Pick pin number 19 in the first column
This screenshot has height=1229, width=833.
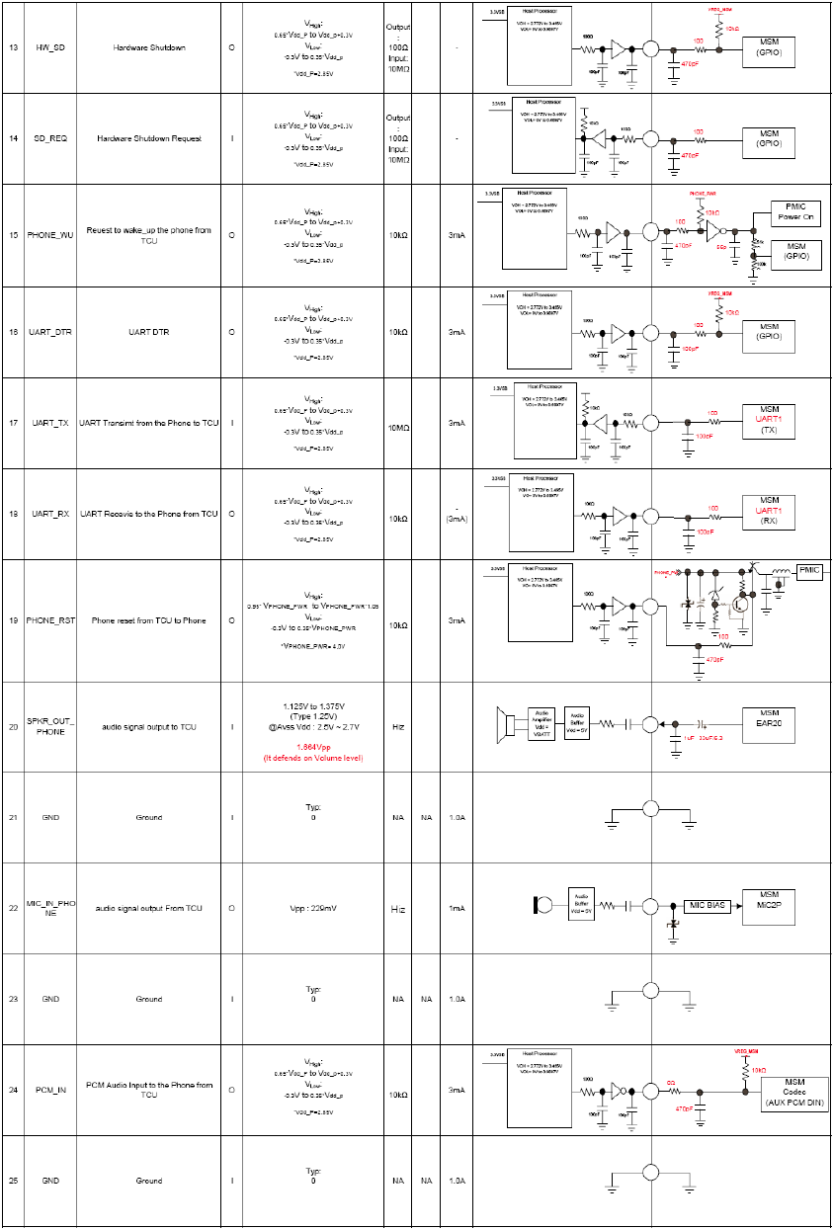pyautogui.click(x=14, y=620)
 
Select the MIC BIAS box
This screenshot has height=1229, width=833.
pyautogui.click(x=707, y=905)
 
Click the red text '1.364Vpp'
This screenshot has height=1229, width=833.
pyautogui.click(x=313, y=747)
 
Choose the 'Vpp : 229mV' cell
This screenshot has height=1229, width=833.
pyautogui.click(x=313, y=908)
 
